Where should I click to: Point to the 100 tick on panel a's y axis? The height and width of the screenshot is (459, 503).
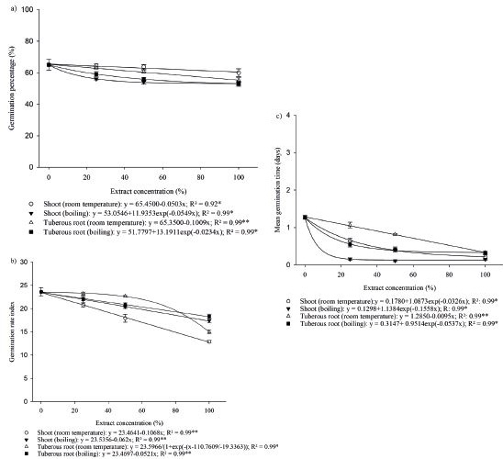click(x=31, y=10)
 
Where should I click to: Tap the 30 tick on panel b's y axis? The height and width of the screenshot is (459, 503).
click(x=33, y=252)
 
